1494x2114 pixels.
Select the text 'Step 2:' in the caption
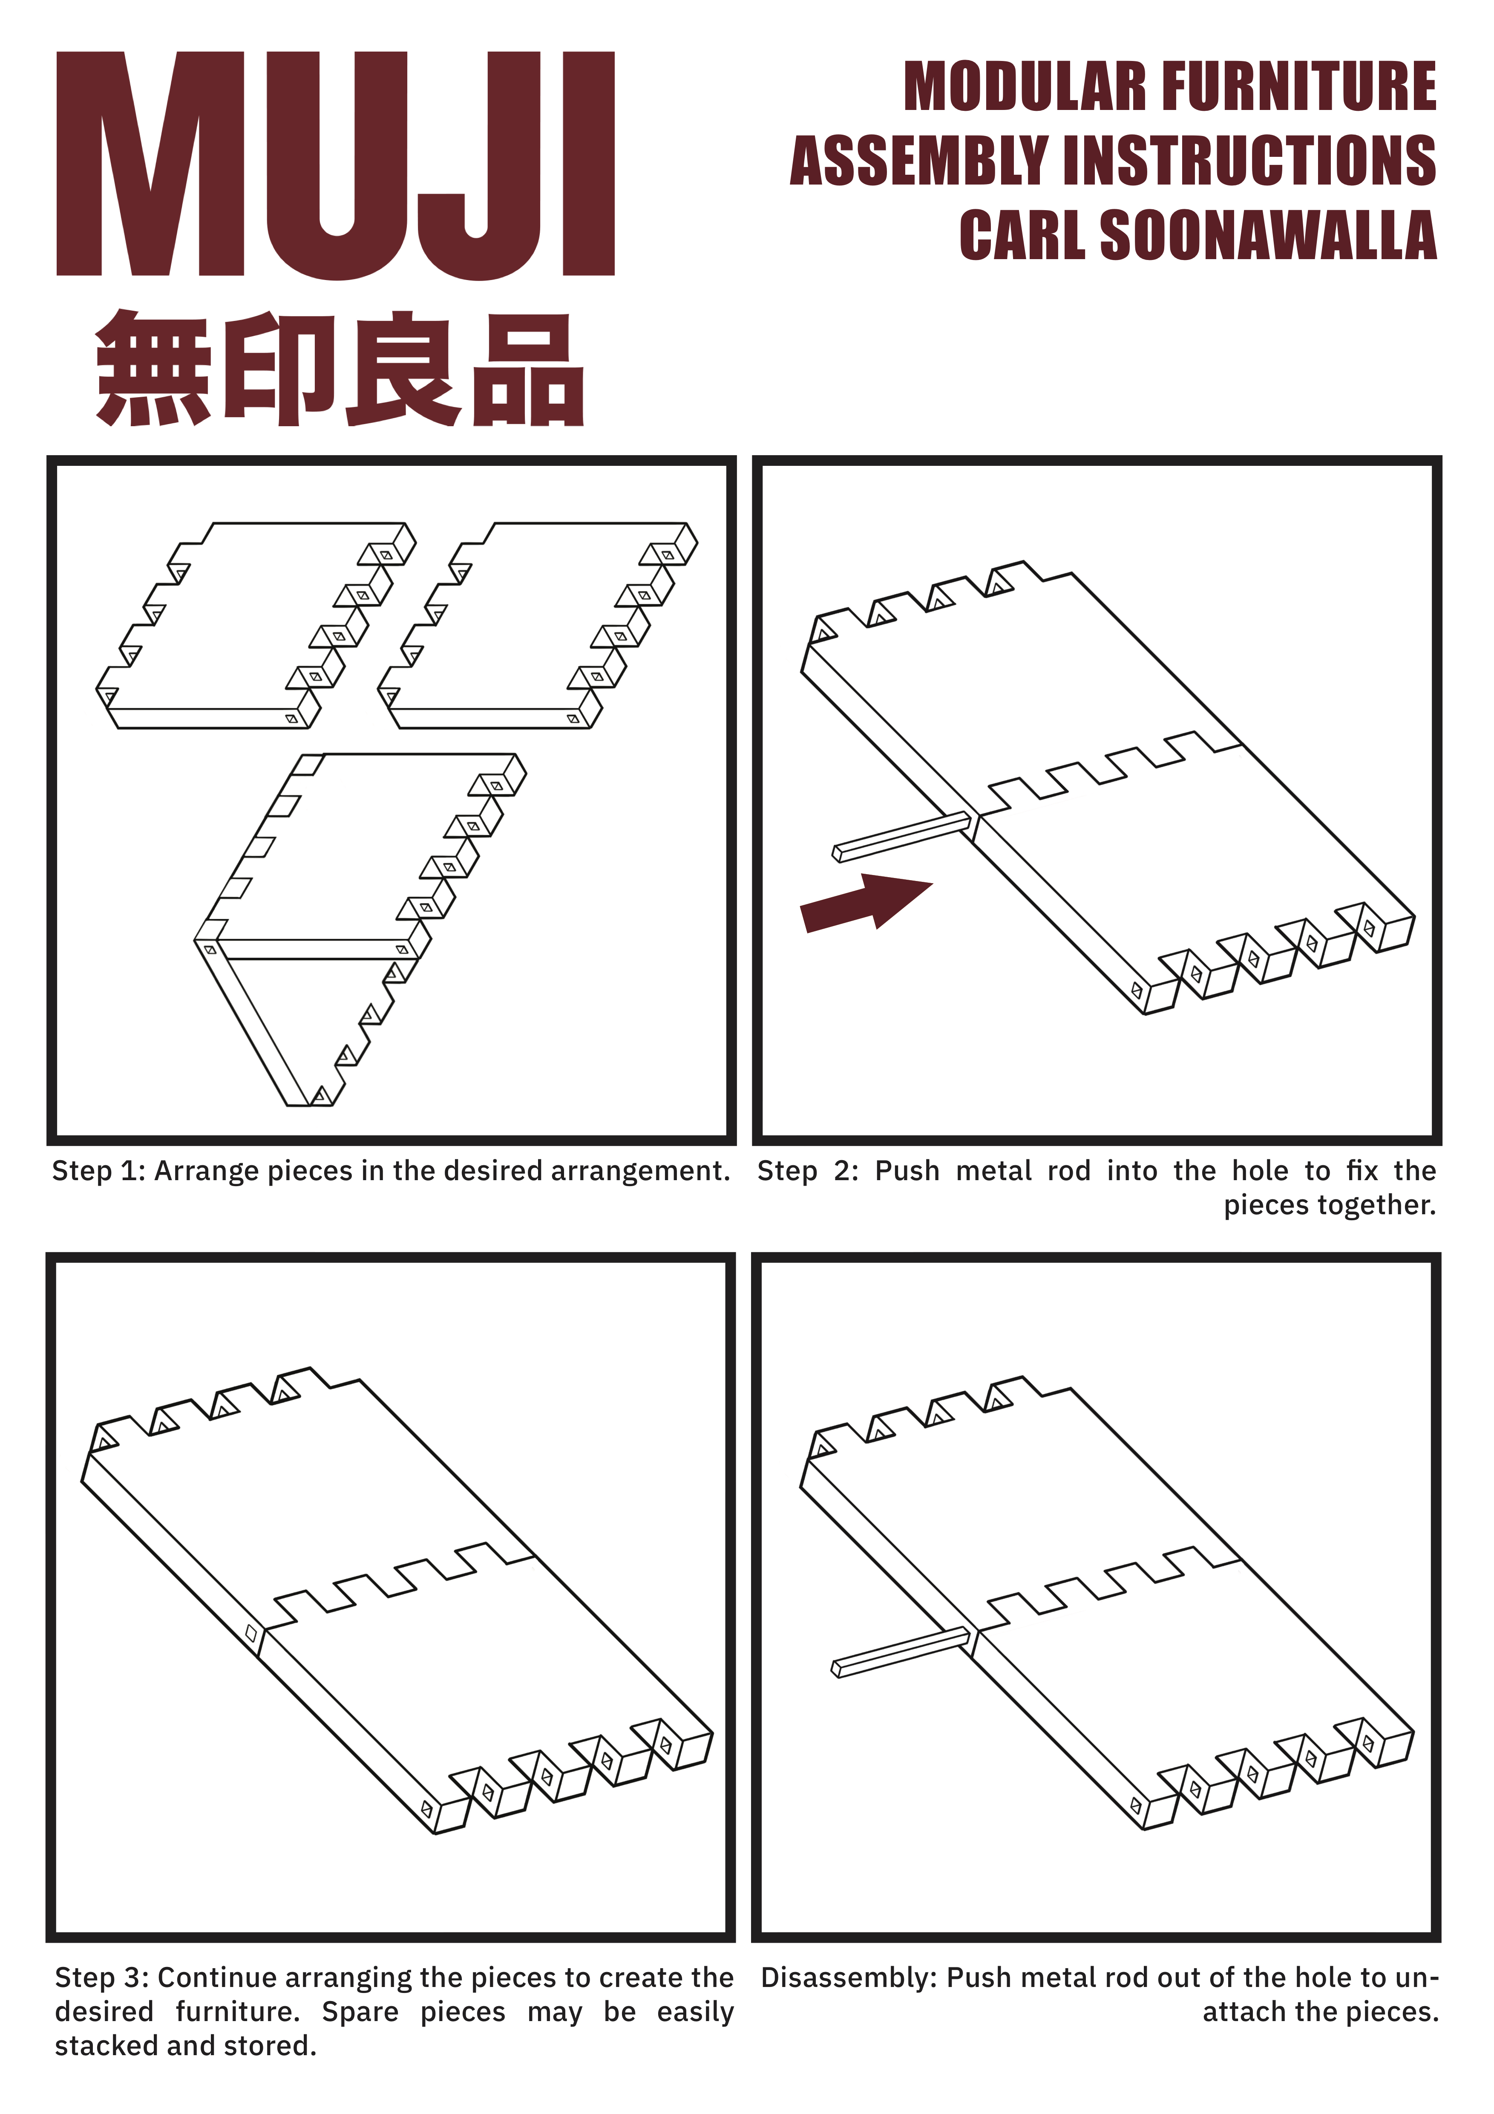[x=807, y=1171]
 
